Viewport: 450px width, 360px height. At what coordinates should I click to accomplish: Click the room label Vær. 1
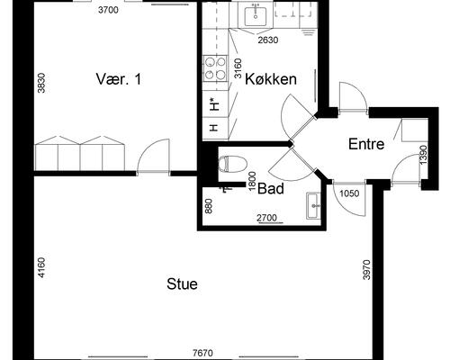(119, 79)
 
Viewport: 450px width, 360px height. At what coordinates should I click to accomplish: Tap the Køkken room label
(271, 79)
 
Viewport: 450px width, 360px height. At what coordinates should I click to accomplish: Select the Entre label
(366, 144)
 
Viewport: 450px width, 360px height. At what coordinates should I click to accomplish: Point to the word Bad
(271, 189)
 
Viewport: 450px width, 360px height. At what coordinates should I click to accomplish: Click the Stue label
(182, 283)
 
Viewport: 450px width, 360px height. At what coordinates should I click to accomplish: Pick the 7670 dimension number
(202, 353)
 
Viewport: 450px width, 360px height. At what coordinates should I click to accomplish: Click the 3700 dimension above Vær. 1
(108, 10)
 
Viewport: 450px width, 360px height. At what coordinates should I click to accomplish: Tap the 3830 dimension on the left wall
(41, 83)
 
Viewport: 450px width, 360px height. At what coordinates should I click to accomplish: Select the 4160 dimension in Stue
(41, 267)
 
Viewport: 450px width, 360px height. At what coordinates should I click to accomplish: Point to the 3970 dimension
(366, 270)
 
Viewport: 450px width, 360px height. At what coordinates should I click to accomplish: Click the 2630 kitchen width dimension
(268, 40)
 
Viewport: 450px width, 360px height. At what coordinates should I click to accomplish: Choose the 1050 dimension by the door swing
(349, 193)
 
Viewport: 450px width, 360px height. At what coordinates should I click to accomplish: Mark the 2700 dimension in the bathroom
(266, 218)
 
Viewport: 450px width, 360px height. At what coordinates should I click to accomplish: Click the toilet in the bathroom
(233, 165)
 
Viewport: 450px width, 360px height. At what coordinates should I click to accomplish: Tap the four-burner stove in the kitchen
(215, 68)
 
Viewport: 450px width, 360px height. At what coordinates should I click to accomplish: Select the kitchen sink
(256, 16)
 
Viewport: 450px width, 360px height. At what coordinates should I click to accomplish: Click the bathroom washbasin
(313, 206)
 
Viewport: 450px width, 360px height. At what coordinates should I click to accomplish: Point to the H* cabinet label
(213, 104)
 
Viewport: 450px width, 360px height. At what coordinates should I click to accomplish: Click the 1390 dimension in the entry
(423, 155)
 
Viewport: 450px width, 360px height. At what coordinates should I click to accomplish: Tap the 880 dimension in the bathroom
(209, 206)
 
